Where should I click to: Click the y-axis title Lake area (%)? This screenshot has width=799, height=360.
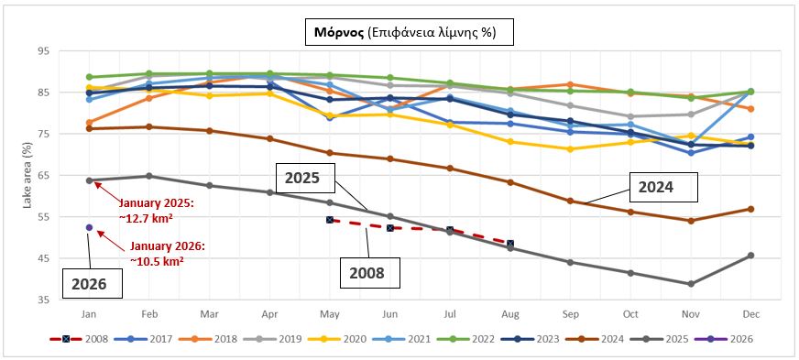(28, 175)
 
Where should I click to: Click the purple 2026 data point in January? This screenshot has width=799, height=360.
(89, 227)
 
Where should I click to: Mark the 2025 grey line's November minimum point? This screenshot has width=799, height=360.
(691, 284)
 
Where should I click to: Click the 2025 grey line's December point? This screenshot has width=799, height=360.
(750, 256)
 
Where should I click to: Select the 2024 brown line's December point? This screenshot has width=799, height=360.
(750, 209)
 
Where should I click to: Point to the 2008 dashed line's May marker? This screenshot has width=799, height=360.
(330, 220)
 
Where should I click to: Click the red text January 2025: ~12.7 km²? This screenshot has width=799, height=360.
(150, 207)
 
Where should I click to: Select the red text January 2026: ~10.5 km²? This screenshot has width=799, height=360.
(169, 253)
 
